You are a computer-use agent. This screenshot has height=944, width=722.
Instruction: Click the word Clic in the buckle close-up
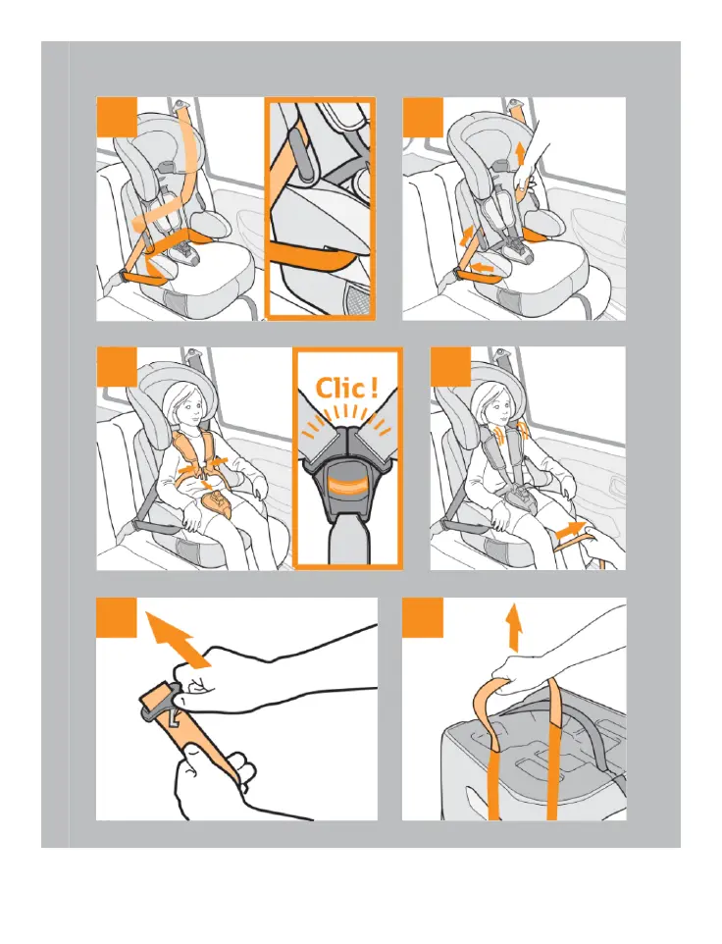click(x=340, y=389)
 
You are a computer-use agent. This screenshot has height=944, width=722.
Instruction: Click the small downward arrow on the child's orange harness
click(x=206, y=482)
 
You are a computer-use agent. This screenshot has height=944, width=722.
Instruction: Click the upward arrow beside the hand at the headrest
click(x=520, y=155)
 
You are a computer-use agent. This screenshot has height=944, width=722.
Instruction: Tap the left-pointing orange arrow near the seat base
click(x=484, y=266)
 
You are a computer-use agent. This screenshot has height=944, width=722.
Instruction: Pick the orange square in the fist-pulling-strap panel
click(x=117, y=617)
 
